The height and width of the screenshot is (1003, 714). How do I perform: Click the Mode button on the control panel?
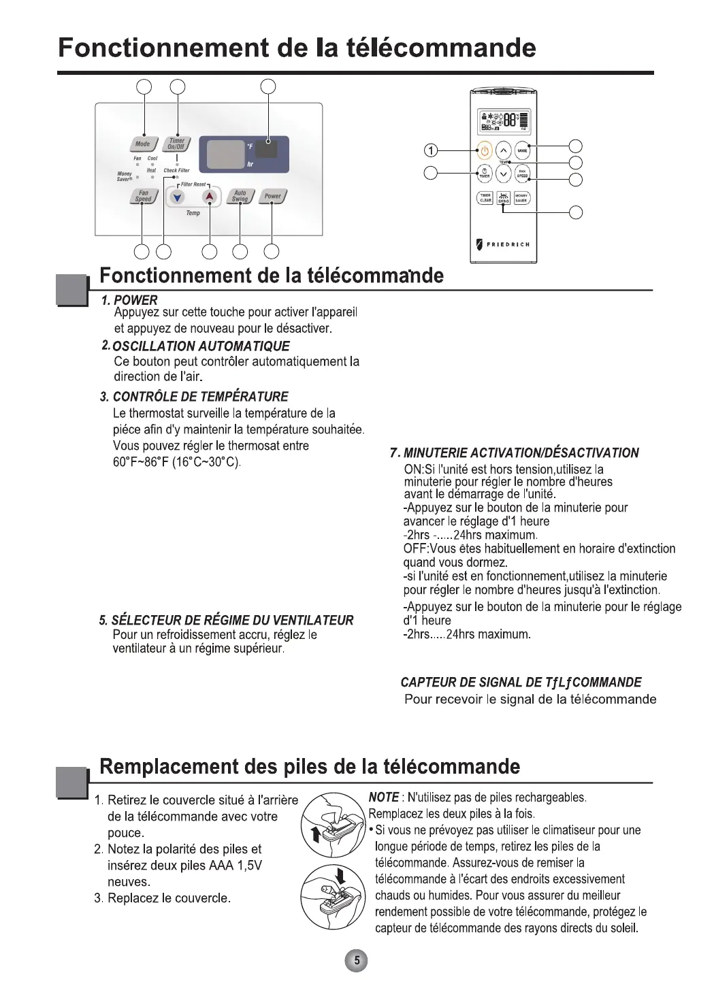(x=142, y=144)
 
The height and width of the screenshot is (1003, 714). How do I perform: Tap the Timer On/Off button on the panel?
(x=177, y=144)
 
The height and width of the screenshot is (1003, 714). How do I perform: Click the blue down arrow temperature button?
(x=178, y=197)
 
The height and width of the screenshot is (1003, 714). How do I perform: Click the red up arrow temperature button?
(x=210, y=197)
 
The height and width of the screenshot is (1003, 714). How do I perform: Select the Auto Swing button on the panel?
(x=240, y=196)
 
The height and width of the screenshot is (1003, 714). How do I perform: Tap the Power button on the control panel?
(x=272, y=196)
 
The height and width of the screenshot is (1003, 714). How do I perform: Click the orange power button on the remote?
(x=485, y=150)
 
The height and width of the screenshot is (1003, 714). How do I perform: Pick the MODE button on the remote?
(x=521, y=150)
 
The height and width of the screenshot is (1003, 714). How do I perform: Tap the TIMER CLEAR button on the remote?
(x=485, y=198)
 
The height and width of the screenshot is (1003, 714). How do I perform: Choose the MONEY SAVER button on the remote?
(x=521, y=198)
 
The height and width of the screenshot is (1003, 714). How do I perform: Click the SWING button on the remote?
(x=503, y=198)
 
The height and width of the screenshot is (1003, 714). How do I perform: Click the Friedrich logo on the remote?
(x=503, y=244)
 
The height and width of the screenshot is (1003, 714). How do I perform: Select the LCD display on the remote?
(x=504, y=120)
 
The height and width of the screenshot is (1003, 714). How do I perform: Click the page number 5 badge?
(x=357, y=961)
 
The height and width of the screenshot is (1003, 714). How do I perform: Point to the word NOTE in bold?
(x=383, y=797)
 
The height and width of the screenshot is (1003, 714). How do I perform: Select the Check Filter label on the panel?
(x=176, y=171)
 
